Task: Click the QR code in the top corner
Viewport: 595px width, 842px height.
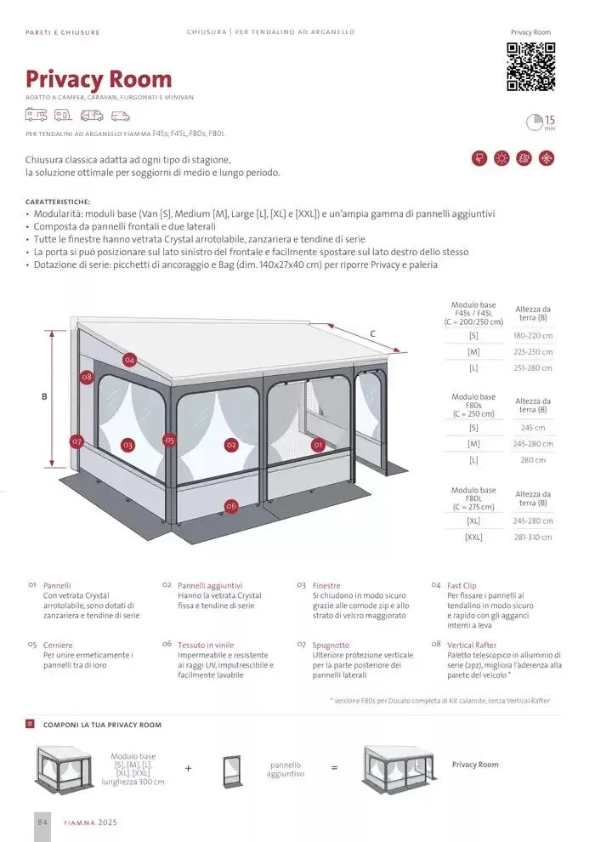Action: pos(531,65)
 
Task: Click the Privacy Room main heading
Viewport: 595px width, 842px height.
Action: pos(99,80)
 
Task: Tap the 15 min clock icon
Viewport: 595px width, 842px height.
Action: pos(535,122)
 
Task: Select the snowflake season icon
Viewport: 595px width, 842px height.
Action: pos(547,158)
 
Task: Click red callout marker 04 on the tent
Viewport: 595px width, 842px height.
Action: pos(129,360)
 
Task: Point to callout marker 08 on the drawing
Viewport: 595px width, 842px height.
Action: pos(87,377)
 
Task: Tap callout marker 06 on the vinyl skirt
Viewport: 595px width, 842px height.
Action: pos(231,505)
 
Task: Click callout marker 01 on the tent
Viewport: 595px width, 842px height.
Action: pos(319,444)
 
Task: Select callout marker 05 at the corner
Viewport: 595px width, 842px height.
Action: pos(170,441)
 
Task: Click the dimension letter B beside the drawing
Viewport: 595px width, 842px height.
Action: pos(44,396)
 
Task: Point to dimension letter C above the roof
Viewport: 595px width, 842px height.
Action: pos(372,333)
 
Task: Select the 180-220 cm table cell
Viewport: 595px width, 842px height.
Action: pos(533,336)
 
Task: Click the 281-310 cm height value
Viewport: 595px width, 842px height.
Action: pos(533,537)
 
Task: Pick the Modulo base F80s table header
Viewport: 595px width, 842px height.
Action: pos(473,405)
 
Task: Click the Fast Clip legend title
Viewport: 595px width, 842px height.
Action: pos(462,585)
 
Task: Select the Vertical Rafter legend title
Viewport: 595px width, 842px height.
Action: pos(472,645)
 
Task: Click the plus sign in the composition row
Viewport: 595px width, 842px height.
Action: pos(189,768)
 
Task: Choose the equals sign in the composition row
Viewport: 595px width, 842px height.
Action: pos(334,768)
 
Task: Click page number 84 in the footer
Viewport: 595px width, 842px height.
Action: pos(43,822)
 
